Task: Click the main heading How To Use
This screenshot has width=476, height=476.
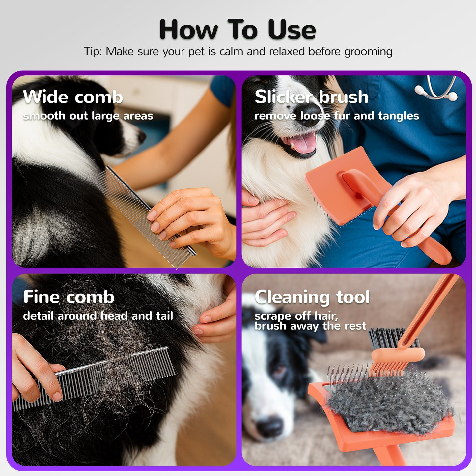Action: click(238, 30)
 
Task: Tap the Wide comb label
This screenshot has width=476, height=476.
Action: click(73, 97)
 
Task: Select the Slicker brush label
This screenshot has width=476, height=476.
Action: click(311, 97)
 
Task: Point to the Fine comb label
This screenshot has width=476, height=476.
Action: click(69, 297)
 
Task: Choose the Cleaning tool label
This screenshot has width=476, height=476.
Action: click(312, 297)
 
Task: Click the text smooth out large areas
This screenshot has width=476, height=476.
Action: click(88, 116)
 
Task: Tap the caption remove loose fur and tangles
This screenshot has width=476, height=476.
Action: click(336, 116)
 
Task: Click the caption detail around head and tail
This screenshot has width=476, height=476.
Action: click(98, 316)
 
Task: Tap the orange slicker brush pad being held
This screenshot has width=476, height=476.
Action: click(336, 188)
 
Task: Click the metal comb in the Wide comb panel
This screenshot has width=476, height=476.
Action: click(145, 214)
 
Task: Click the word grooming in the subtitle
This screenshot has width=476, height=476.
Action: click(368, 52)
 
